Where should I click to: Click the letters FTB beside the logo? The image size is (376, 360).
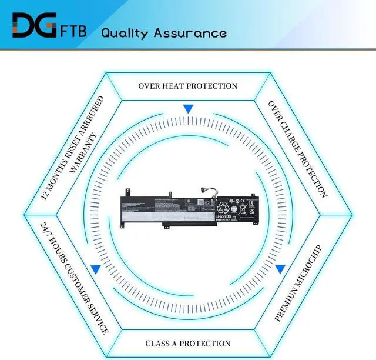click(x=74, y=31)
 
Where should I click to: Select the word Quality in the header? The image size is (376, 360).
click(x=125, y=33)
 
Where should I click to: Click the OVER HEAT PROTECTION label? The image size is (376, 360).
click(x=188, y=86)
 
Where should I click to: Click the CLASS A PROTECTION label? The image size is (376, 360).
click(x=188, y=343)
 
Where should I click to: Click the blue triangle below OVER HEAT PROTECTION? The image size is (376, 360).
click(x=188, y=109)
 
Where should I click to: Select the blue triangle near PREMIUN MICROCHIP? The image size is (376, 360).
click(x=280, y=269)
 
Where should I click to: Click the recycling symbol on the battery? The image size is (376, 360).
click(x=225, y=206)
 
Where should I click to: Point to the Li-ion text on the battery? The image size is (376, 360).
click(x=223, y=218)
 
